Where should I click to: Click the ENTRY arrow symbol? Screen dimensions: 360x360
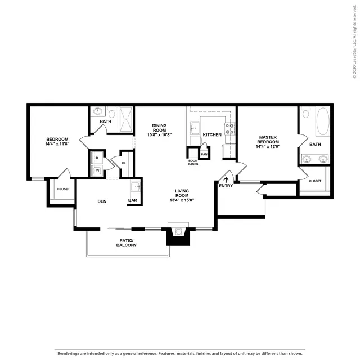(226, 180)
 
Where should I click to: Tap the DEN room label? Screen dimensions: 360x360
(102, 201)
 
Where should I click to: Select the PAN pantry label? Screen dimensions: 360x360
(204, 154)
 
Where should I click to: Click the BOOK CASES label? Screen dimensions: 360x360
(193, 163)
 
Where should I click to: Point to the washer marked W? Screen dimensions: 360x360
(97, 170)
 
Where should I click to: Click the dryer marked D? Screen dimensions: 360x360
(97, 157)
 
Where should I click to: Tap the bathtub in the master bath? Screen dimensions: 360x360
(323, 121)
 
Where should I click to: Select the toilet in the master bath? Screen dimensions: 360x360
(305, 112)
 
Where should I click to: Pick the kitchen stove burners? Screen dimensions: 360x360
(229, 129)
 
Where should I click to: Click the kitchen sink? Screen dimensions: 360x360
(195, 128)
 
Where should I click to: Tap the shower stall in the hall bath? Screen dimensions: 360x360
(126, 119)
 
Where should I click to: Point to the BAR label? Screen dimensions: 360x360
(133, 200)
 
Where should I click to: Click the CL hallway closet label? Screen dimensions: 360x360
(124, 163)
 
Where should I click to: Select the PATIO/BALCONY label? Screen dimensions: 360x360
(127, 242)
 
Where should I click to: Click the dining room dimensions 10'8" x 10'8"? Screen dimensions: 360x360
(159, 134)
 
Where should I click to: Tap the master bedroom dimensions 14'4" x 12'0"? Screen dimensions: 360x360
(268, 146)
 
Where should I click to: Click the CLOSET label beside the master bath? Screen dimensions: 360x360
(315, 181)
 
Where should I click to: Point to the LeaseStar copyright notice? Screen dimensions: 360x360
(355, 42)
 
